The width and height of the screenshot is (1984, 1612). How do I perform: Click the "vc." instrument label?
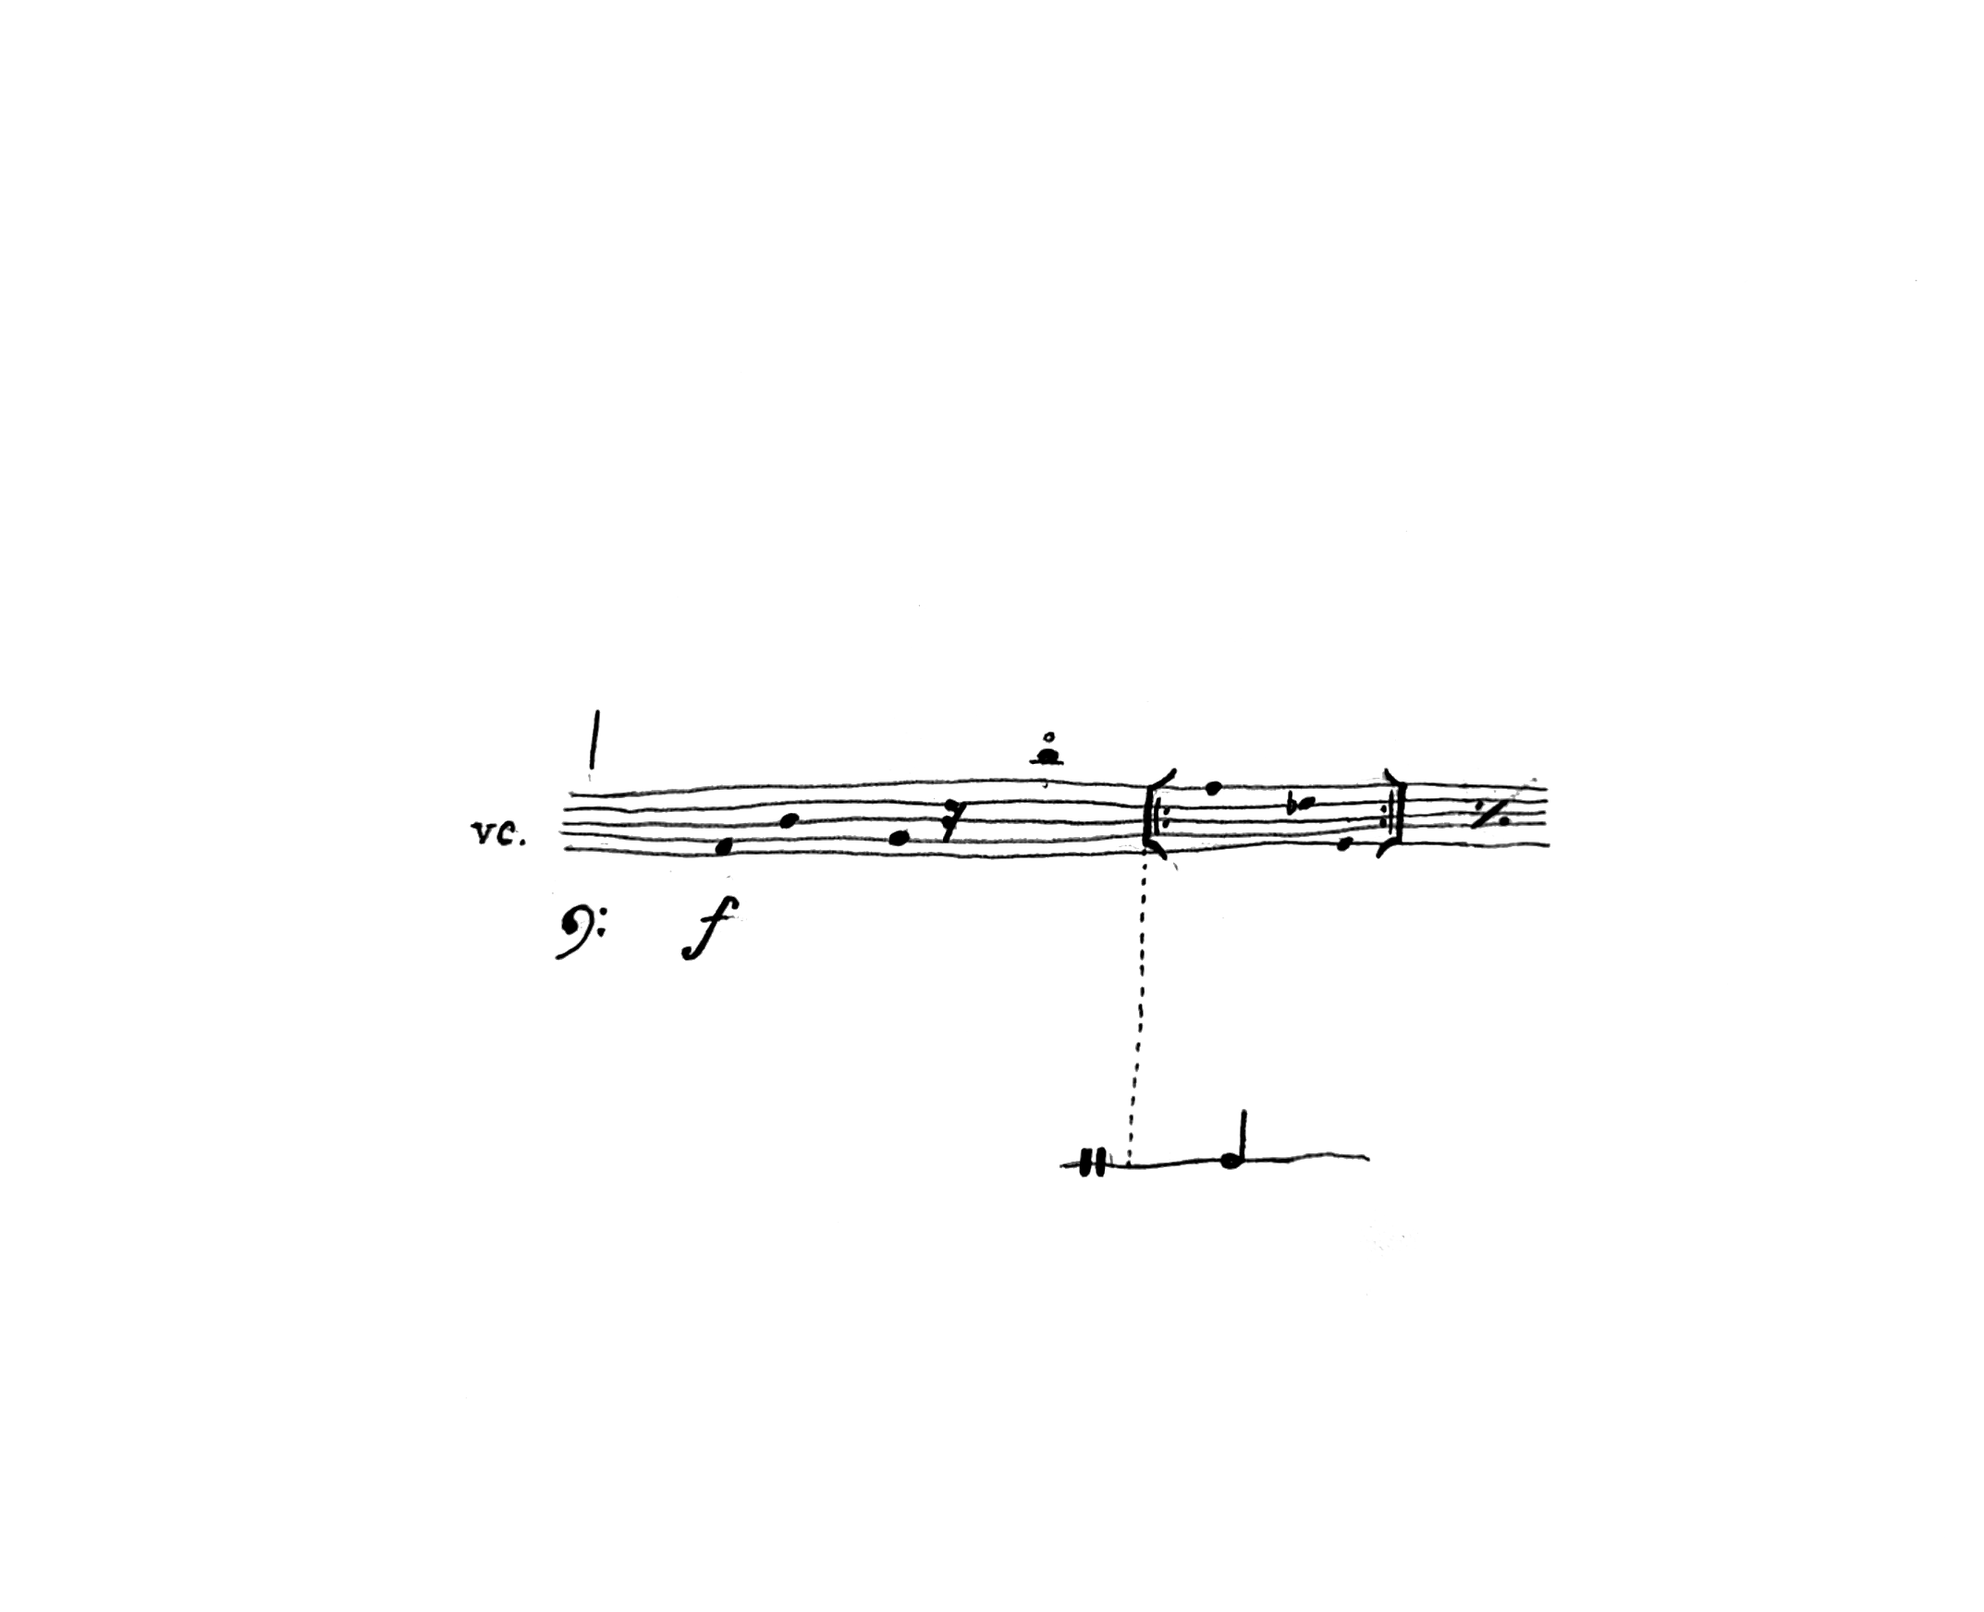pos(499,834)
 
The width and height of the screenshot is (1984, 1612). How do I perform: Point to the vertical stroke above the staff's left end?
pos(594,740)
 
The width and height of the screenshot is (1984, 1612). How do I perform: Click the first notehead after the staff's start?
pos(724,846)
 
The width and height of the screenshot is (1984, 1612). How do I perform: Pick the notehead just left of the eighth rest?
pos(898,839)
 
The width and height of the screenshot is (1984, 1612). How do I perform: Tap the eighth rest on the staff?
pos(949,821)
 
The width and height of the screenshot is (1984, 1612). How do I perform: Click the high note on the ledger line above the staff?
pos(1047,757)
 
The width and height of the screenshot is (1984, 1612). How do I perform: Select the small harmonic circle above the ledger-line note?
pos(1048,738)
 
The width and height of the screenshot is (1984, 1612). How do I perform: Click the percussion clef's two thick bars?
pos(1093,1163)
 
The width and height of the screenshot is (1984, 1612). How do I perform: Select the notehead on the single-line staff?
pos(1231,1161)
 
